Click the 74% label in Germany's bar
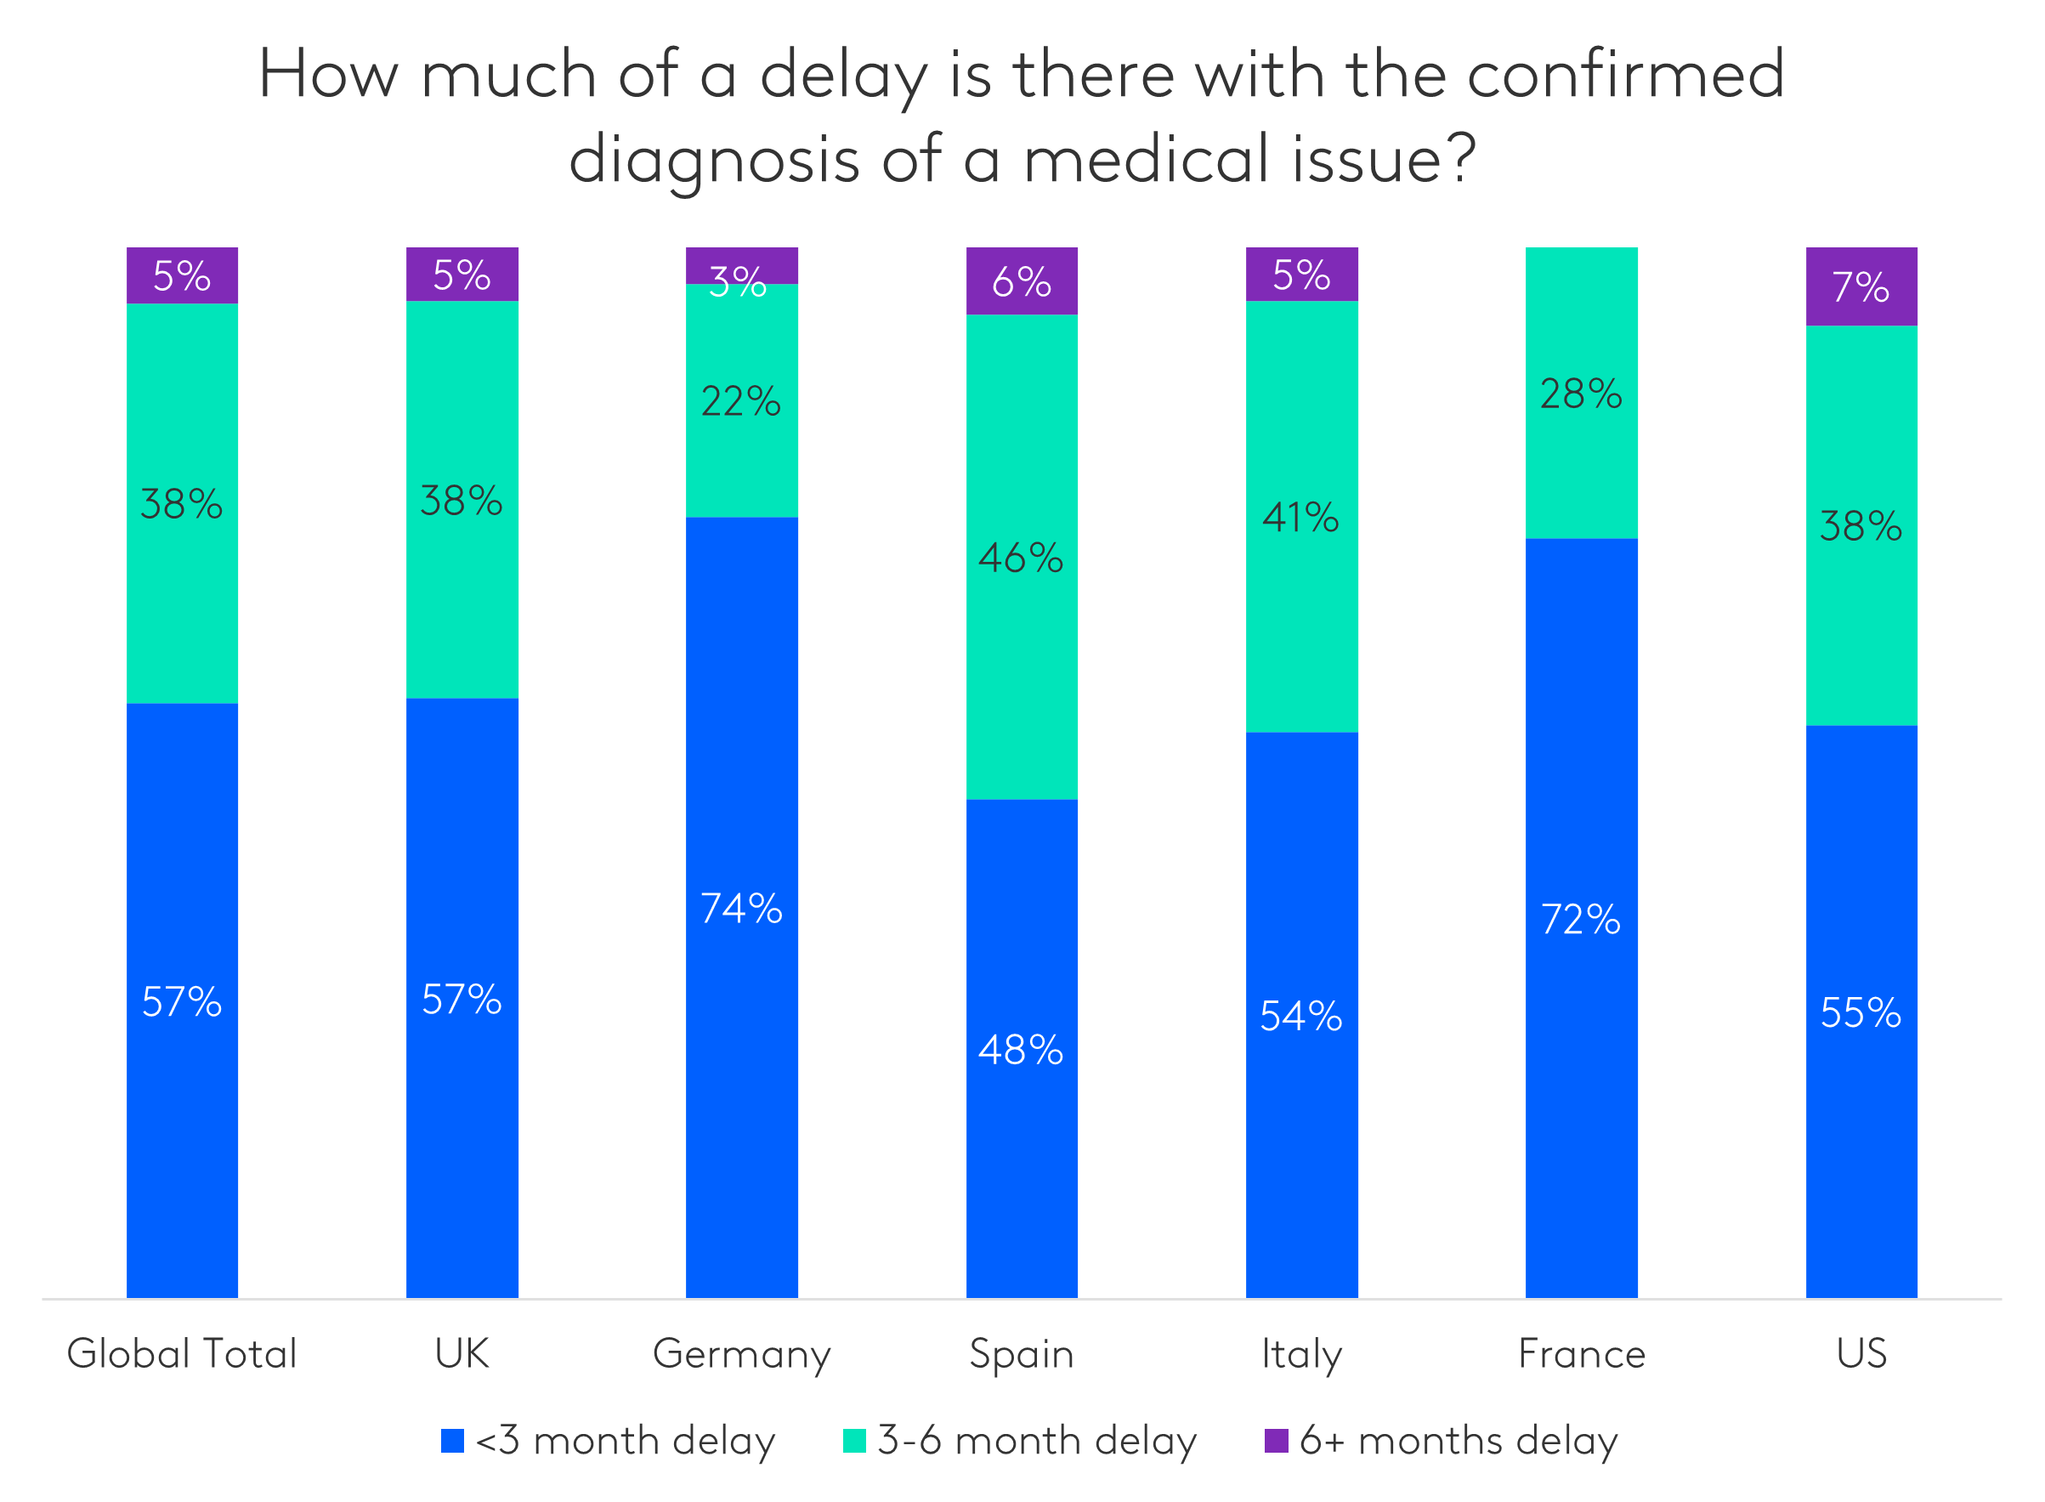(x=741, y=909)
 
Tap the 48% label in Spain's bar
(x=1021, y=1050)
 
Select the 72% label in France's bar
(x=1581, y=919)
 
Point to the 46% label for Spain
(x=1021, y=558)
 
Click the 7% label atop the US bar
(x=1861, y=287)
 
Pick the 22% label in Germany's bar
(x=741, y=402)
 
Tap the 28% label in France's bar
(x=1581, y=394)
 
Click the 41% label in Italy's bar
(x=1300, y=519)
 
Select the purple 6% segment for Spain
(x=1022, y=282)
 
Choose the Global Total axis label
(x=182, y=1354)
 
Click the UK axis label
(x=462, y=1354)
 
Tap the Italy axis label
(x=1301, y=1355)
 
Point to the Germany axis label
(x=742, y=1355)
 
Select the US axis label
(x=1861, y=1354)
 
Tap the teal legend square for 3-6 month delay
(x=854, y=1441)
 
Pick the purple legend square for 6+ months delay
(x=1276, y=1441)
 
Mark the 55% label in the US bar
(x=1861, y=1013)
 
